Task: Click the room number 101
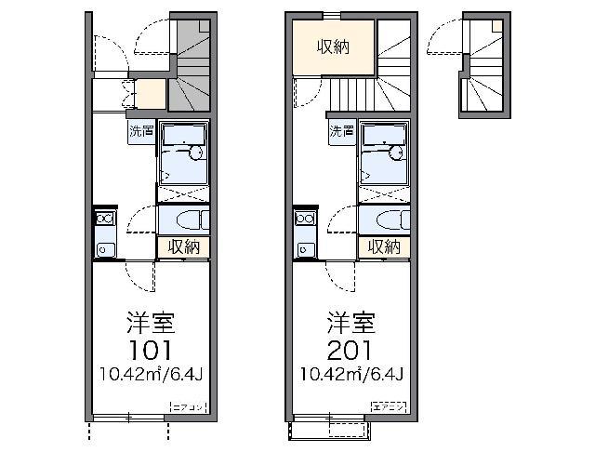click(149, 351)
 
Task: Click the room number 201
click(350, 351)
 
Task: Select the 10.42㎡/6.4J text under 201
click(350, 375)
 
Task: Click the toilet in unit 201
click(386, 219)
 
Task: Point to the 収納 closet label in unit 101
click(184, 246)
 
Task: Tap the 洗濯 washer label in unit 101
click(141, 131)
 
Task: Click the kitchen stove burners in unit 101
click(103, 219)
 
